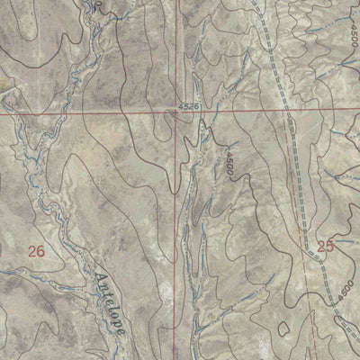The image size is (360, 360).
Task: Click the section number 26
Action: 37,252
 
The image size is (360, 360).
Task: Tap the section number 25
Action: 326,245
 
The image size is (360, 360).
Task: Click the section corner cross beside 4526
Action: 176,113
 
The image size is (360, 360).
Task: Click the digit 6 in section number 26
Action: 41,252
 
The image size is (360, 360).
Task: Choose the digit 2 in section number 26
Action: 32,252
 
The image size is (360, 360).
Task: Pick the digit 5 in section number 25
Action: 330,245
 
